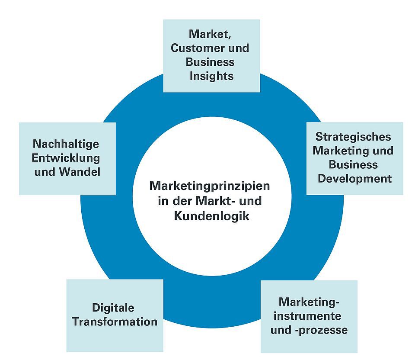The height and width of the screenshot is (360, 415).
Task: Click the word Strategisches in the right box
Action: click(x=353, y=137)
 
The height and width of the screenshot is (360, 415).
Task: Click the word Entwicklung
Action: click(x=66, y=157)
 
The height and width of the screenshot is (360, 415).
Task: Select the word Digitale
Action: click(x=113, y=308)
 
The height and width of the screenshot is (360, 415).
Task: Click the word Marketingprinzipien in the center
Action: click(x=210, y=186)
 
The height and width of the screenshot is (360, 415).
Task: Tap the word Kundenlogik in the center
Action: click(x=212, y=215)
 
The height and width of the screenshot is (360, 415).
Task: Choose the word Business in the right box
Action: click(x=353, y=164)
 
